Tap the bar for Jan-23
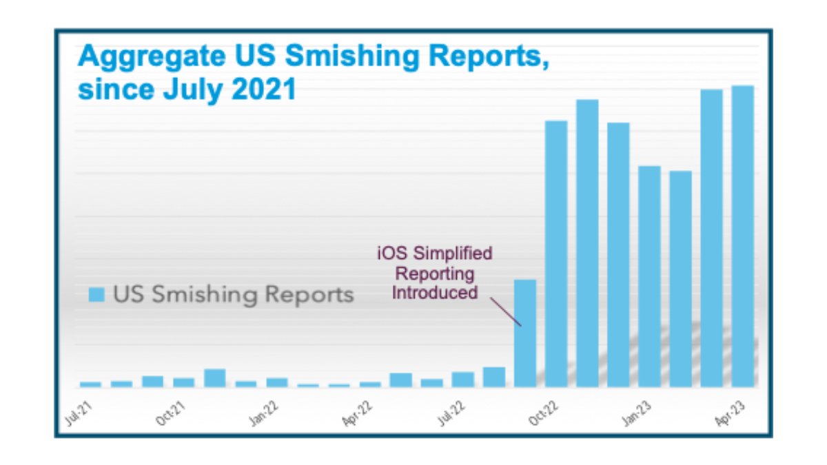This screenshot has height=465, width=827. coord(649,276)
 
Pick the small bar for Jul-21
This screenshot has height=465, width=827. coord(90,384)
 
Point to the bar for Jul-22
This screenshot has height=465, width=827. coord(463,379)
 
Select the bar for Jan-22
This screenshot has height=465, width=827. coord(277,382)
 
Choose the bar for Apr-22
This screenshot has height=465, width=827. coord(370,384)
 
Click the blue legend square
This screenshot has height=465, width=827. coord(97,295)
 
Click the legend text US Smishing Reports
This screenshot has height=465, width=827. coord(233,295)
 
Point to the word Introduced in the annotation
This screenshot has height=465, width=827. coord(434,292)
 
